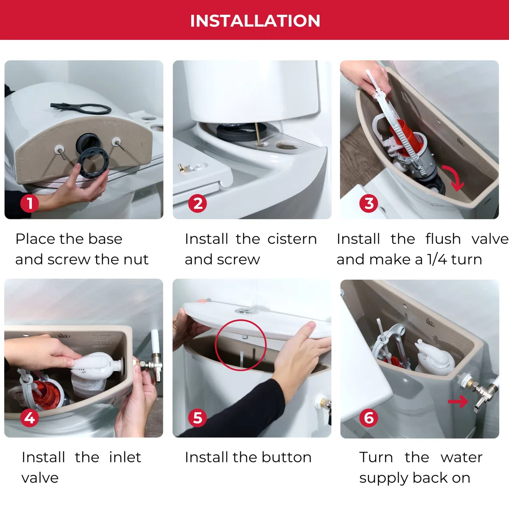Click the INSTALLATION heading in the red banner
pyautogui.click(x=255, y=21)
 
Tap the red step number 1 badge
pyautogui.click(x=30, y=203)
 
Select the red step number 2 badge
pyautogui.click(x=197, y=204)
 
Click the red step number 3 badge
pyautogui.click(x=369, y=204)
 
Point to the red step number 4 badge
pyautogui.click(x=30, y=418)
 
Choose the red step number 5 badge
pyautogui.click(x=197, y=418)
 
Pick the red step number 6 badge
pyautogui.click(x=369, y=418)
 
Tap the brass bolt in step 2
pyautogui.click(x=257, y=134)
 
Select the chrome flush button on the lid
pyautogui.click(x=246, y=311)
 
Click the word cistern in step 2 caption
pyautogui.click(x=292, y=239)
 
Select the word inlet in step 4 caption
pyautogui.click(x=125, y=458)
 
